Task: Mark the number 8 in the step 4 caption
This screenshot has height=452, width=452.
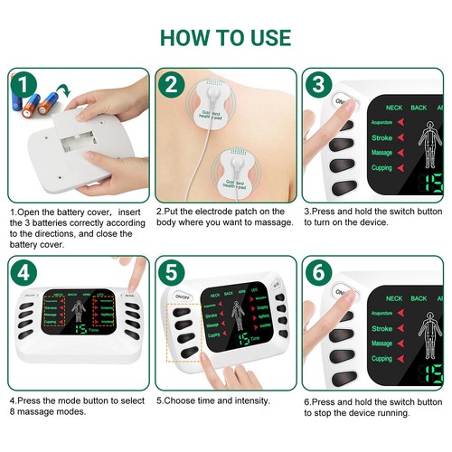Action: (13, 411)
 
